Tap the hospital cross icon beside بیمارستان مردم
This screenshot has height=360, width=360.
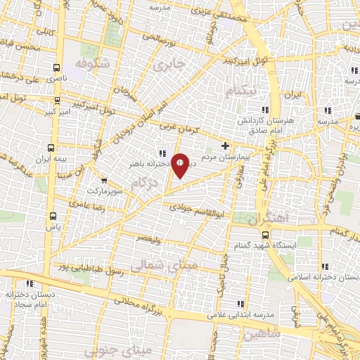[x=225, y=146]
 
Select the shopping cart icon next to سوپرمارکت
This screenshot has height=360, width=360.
[x=105, y=180]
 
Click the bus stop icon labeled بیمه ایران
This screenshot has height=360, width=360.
[x=52, y=148]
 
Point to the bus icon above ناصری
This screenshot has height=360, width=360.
[x=56, y=68]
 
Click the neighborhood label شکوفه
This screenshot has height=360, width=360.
[x=95, y=63]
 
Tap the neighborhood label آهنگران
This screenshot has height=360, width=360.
[x=268, y=219]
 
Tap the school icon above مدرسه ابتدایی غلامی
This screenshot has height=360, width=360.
[x=240, y=303]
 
